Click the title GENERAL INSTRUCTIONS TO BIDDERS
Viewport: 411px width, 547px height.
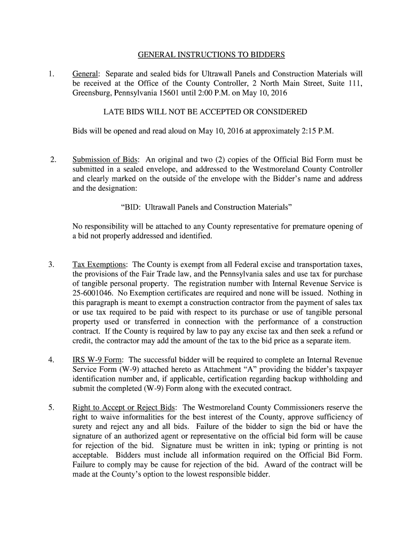pyautogui.click(x=211, y=54)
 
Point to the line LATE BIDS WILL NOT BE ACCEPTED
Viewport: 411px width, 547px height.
pyautogui.click(x=205, y=112)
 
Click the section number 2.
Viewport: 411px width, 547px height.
pyautogui.click(x=52, y=159)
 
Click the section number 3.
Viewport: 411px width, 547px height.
pyautogui.click(x=51, y=265)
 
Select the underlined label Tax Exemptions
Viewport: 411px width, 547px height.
pyautogui.click(x=100, y=265)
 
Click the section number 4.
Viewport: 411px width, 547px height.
pyautogui.click(x=51, y=360)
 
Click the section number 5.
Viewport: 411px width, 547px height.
pyautogui.click(x=51, y=408)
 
